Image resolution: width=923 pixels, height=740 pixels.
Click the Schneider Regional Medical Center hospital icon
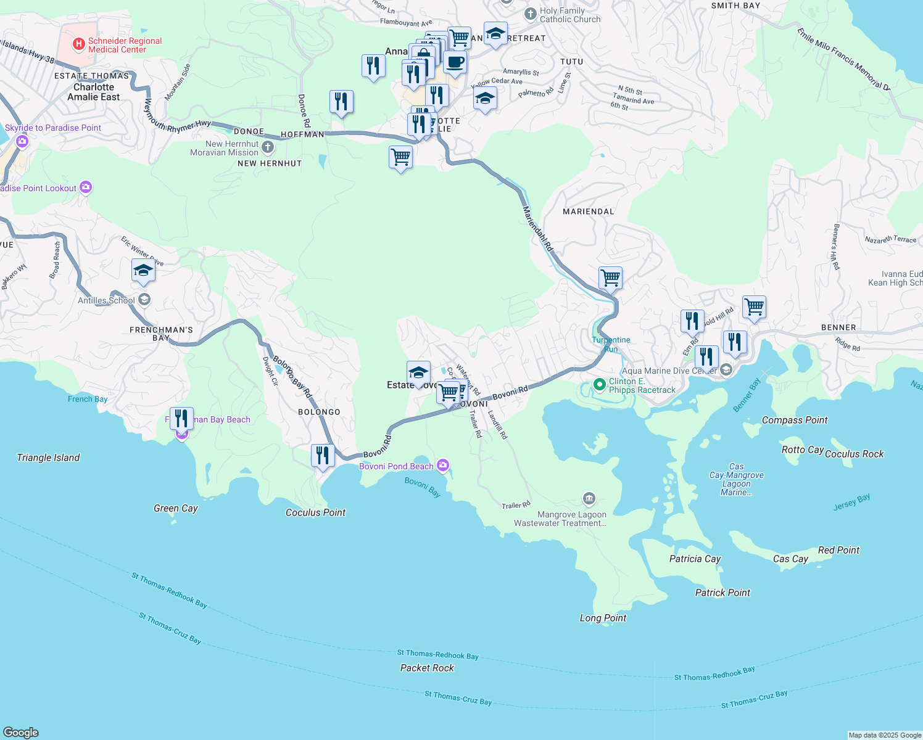[78, 44]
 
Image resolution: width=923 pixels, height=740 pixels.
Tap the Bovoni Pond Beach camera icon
[442, 466]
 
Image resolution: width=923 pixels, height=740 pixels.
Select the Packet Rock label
[427, 668]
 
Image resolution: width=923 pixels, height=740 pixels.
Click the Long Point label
[603, 618]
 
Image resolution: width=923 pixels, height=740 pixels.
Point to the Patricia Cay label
[695, 559]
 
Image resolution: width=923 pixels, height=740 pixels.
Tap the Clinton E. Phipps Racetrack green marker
[598, 385]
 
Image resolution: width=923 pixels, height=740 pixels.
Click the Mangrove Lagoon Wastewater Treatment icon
[589, 498]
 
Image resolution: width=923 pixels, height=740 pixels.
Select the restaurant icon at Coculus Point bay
[323, 456]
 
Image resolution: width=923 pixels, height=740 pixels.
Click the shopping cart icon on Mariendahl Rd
[610, 277]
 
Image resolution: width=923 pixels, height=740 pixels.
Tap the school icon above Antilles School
[143, 270]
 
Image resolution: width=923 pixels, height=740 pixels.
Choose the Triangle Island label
[48, 458]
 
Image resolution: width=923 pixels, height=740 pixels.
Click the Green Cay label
[176, 508]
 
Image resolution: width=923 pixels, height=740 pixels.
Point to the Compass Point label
[795, 420]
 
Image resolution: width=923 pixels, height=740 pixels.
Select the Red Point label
[838, 550]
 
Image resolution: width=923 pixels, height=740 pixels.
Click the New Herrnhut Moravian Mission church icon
[267, 147]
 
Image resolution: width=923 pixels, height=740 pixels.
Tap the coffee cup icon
[455, 62]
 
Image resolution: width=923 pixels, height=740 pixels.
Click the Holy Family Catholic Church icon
[530, 14]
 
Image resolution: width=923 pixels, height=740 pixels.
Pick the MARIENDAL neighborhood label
[589, 212]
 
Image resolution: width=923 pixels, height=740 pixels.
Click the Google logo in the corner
[20, 732]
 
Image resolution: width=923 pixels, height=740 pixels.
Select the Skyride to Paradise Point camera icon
[22, 142]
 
